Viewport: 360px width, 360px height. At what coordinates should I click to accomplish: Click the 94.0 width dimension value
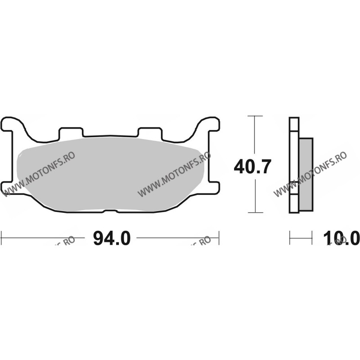[111, 237]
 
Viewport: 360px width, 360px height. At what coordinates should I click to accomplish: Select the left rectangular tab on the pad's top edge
[72, 132]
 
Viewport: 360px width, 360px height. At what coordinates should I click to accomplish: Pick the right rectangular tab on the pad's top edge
[149, 132]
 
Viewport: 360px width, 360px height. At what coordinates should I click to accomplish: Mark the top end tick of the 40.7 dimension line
[255, 116]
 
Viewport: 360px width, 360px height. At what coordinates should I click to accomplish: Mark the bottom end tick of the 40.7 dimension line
[255, 212]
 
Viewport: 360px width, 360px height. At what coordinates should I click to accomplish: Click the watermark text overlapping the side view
[310, 173]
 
